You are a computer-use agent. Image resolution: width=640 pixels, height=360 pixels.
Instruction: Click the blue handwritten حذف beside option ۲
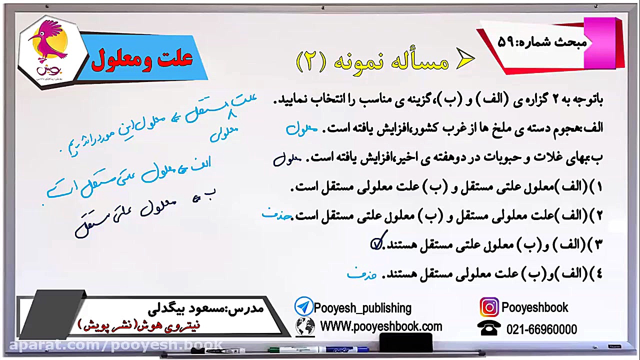coord(276,214)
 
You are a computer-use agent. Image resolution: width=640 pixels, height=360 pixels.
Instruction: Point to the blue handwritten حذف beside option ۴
coord(361,274)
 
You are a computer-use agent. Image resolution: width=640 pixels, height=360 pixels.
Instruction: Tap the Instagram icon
coord(489,307)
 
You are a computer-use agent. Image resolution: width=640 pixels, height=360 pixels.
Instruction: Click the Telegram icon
coord(303,306)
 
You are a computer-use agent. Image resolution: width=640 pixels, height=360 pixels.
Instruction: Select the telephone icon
coord(488,328)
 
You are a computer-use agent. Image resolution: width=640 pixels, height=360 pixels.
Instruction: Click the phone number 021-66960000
coord(541,329)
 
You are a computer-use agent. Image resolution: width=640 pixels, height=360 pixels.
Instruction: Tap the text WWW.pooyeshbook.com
coord(381,327)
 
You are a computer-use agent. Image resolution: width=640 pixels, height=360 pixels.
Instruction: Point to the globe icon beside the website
coord(305,327)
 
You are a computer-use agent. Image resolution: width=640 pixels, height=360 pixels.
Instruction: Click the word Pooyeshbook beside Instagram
coord(534,307)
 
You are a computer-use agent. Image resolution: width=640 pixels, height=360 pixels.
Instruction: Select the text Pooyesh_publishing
coord(362,308)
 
